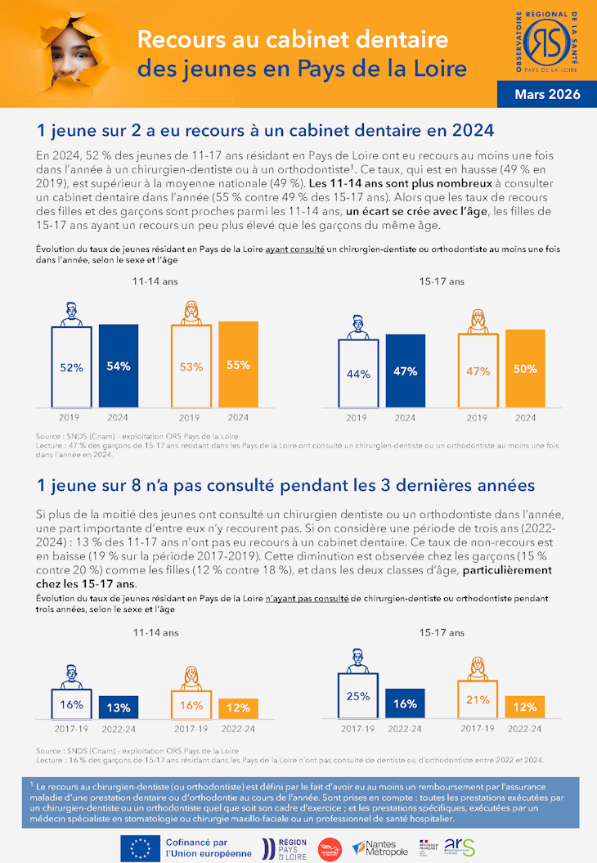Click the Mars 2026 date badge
pos(546,94)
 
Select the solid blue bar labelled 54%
pos(119,366)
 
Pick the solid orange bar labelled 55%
pos(238,365)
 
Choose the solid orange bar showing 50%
pos(525,369)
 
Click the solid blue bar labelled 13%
pos(119,707)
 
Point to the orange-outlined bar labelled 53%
pos(191,366)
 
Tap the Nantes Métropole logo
pos(379,847)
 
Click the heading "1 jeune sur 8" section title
pos(285,485)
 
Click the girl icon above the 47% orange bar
pos(478,321)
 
